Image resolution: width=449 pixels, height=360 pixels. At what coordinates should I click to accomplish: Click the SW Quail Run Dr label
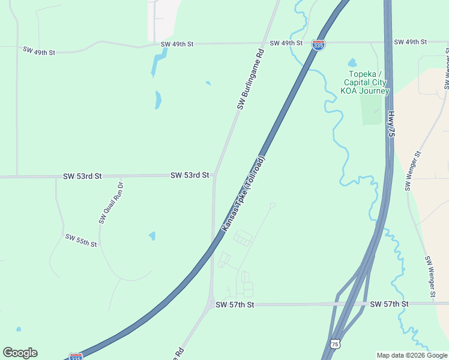coord(111,203)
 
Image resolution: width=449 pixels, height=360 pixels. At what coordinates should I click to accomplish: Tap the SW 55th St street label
coord(81,241)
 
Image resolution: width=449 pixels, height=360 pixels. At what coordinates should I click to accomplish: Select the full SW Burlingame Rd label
coord(250,79)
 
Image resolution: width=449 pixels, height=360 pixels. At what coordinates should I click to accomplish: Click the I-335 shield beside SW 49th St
coord(319,45)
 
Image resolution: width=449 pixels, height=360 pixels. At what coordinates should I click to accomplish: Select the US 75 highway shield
coord(335,343)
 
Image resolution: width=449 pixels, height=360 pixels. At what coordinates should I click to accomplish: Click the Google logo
coord(20,353)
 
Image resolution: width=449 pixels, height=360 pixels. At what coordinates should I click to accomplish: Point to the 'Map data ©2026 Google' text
coord(411,355)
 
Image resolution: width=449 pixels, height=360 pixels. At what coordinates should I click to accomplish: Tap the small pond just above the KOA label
coord(352,63)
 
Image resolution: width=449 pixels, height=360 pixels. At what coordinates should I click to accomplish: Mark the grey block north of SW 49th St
coord(163,18)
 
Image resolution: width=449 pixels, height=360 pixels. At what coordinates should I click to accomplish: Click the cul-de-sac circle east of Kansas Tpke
coord(273,205)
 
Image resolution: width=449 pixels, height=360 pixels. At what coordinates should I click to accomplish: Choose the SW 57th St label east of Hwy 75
coord(389,304)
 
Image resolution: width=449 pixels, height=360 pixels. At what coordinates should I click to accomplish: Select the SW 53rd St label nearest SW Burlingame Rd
coord(190,175)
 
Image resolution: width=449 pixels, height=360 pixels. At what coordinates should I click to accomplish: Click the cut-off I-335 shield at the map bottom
coord(76,357)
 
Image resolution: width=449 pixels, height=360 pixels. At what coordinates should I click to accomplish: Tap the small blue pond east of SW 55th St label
coord(152,236)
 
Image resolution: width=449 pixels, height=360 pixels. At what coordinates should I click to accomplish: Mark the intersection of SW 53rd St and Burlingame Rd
coord(215,176)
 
